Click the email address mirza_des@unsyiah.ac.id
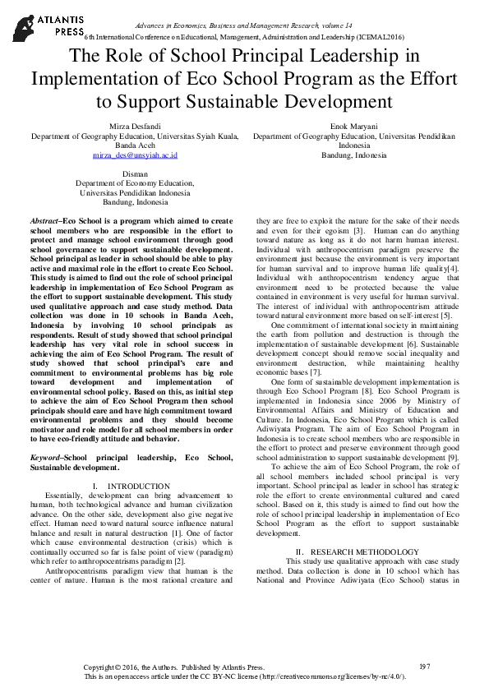coord(135,155)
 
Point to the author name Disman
coord(135,174)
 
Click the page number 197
coord(425,667)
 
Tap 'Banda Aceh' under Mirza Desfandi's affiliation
coord(135,145)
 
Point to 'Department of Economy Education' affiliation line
coord(135,183)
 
